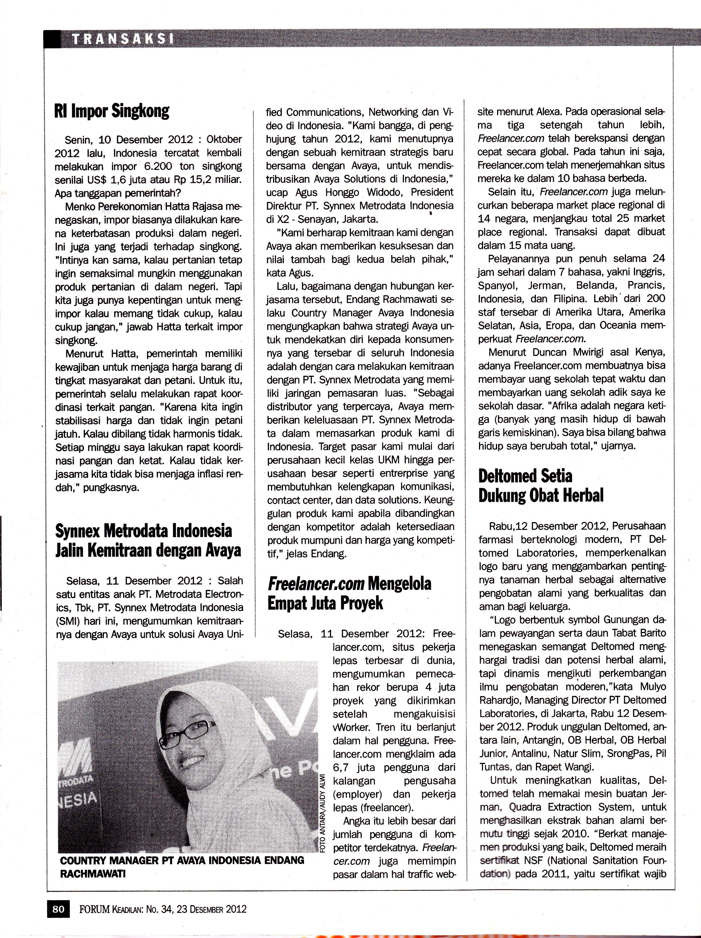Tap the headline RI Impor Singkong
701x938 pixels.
click(112, 111)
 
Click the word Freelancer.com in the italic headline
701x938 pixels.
click(316, 584)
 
